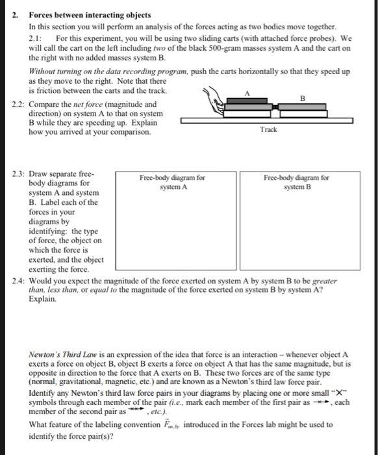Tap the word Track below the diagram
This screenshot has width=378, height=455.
(269, 129)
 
